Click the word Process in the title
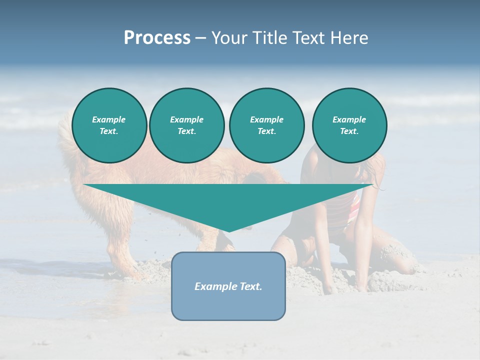(157, 38)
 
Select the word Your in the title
(228, 38)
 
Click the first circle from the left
(109, 125)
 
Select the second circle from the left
(186, 125)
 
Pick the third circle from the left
(266, 125)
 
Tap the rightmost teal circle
(349, 125)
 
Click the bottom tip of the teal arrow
(228, 230)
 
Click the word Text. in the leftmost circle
(109, 131)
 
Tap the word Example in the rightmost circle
(349, 119)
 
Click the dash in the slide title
(200, 38)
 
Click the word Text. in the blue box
(250, 286)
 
